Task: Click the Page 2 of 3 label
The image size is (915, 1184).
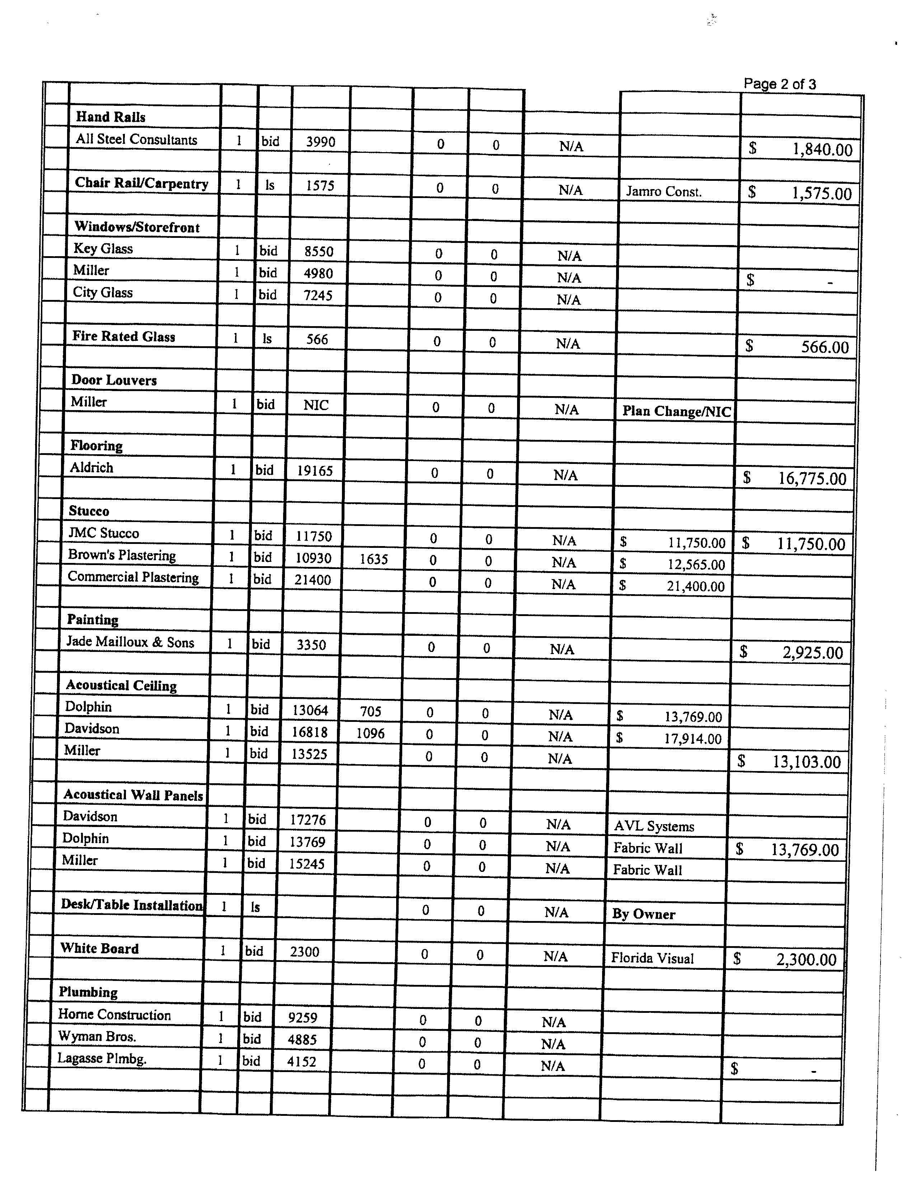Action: coord(779,84)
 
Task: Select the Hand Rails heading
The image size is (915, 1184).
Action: coord(111,117)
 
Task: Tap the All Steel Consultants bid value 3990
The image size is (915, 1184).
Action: coord(320,142)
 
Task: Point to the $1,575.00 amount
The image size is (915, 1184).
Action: coord(821,193)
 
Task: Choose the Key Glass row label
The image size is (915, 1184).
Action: coord(103,249)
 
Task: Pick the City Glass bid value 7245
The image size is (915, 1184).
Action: coord(318,295)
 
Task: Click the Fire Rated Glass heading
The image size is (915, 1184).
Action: coord(123,337)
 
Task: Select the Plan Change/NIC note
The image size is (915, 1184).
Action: coord(676,411)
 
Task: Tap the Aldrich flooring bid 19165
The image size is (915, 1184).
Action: coord(314,471)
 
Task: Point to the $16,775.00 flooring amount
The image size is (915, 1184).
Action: coord(811,478)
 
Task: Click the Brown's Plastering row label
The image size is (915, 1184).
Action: coord(122,556)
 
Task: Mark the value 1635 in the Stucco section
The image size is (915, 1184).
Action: coord(374,559)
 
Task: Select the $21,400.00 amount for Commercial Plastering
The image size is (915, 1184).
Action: coord(695,587)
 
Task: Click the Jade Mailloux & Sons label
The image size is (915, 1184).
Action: coord(130,643)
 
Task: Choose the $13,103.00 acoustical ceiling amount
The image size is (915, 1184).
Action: coord(806,762)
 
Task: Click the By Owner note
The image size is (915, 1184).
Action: coord(643,914)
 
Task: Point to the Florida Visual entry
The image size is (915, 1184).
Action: coord(652,958)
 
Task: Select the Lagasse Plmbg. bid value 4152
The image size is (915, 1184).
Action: coord(301,1062)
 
